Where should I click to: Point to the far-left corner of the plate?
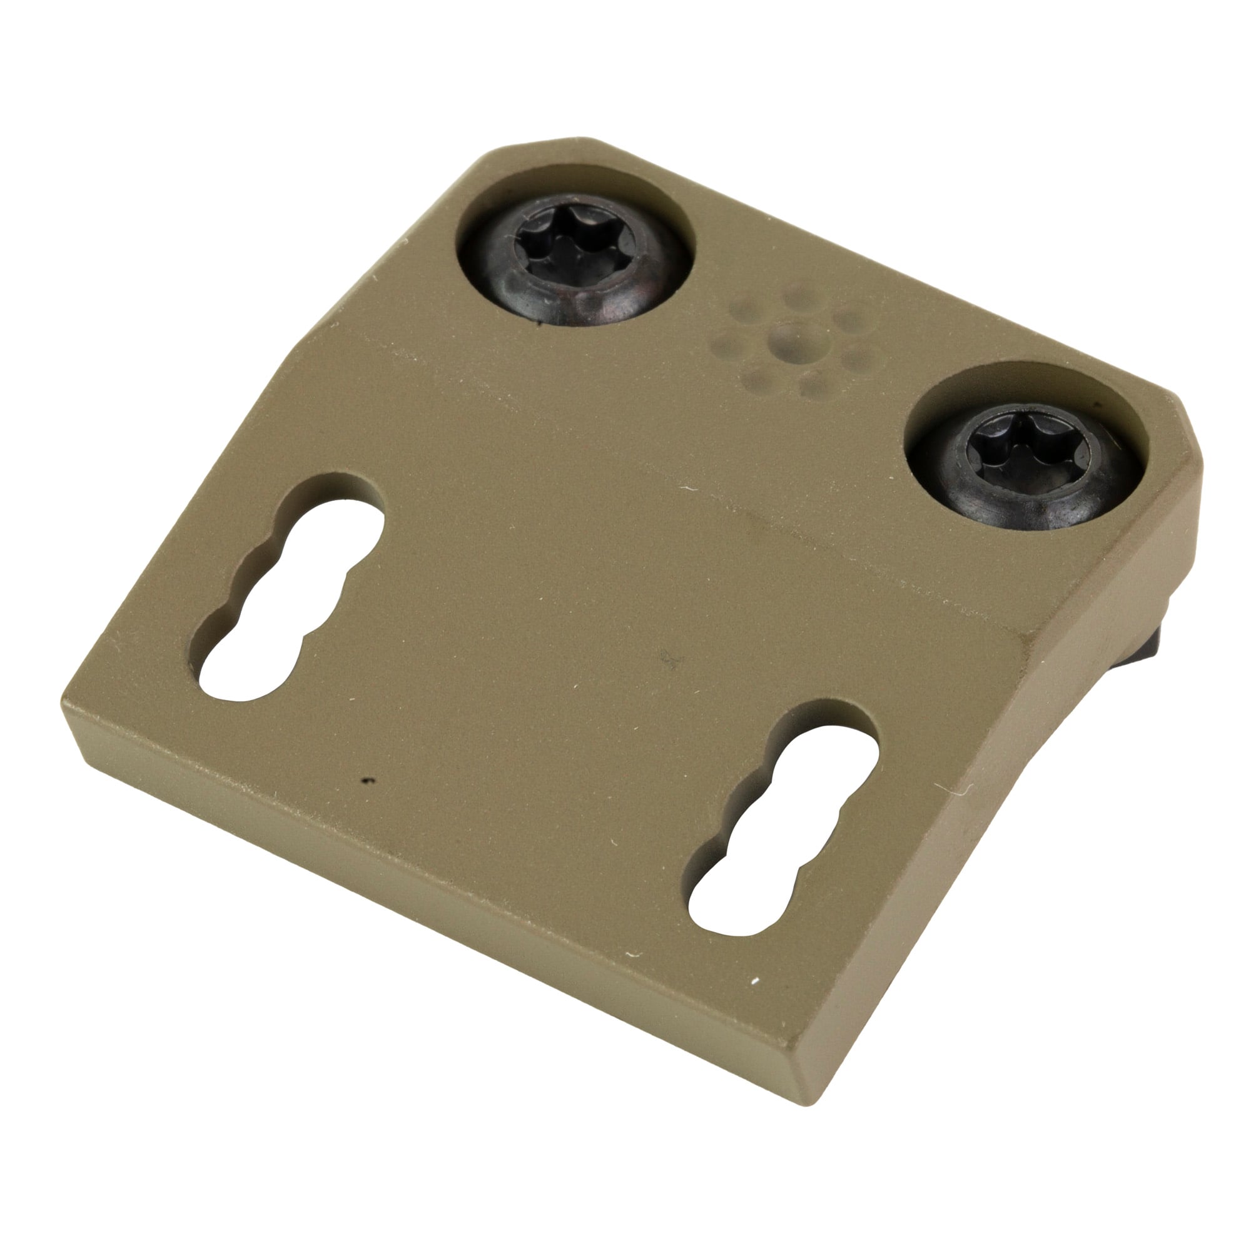coord(65,702)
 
